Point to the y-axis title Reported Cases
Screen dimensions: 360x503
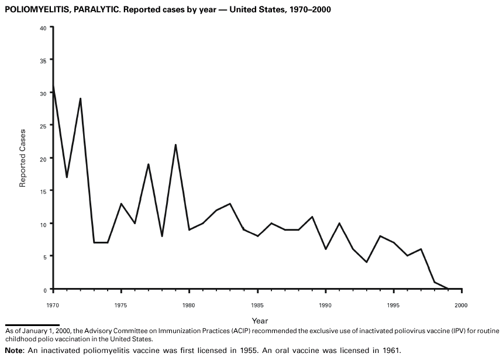(x=23, y=158)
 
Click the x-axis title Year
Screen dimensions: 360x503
(x=260, y=320)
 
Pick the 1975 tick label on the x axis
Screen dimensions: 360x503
(x=121, y=305)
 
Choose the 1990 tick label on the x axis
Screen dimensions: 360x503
(x=325, y=305)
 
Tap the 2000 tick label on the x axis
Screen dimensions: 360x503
(x=461, y=305)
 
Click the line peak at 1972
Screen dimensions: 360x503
(x=80, y=98)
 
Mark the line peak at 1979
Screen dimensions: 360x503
(x=175, y=145)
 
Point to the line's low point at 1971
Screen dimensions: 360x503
(x=67, y=177)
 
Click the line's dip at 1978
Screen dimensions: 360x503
(x=162, y=236)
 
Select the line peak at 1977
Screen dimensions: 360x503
(x=149, y=164)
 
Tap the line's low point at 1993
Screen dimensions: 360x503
(x=366, y=262)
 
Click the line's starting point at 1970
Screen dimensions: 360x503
(x=53, y=85)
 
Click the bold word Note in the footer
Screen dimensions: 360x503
(x=14, y=351)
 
